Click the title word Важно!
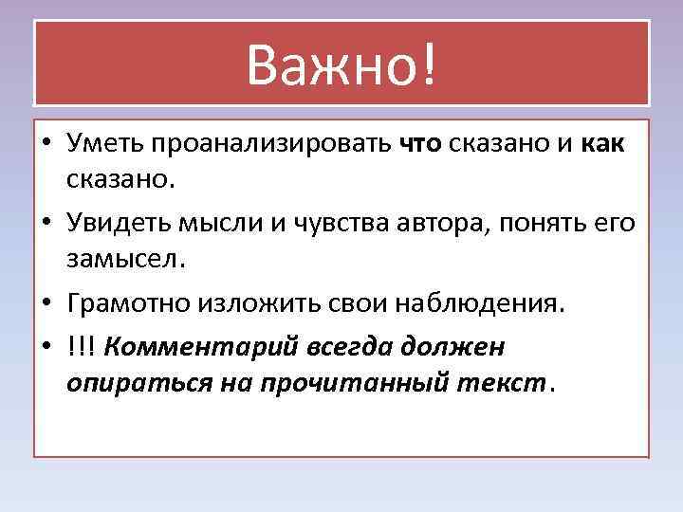[x=342, y=64]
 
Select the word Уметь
[x=102, y=145]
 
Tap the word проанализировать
[x=268, y=145]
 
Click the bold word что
[x=420, y=145]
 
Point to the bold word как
[x=598, y=145]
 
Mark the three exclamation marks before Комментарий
[x=82, y=348]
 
